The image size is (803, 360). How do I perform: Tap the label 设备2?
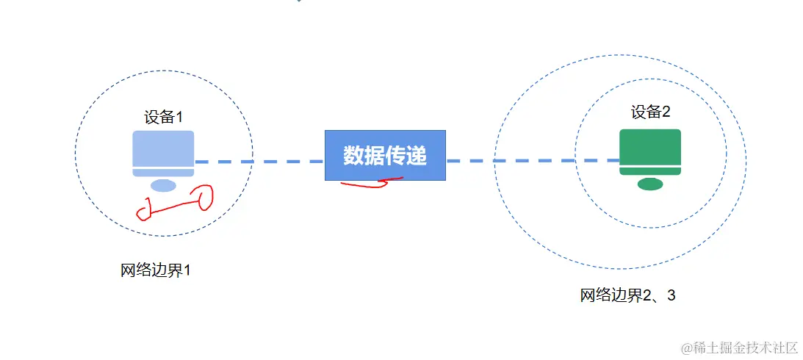(x=650, y=112)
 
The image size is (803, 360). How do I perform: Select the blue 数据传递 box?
(x=385, y=155)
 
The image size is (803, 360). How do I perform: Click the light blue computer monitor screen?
(x=163, y=148)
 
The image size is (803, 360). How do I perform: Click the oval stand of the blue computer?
(x=163, y=185)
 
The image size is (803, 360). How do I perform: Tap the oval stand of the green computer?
(x=650, y=184)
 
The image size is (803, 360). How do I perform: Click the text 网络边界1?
(x=156, y=270)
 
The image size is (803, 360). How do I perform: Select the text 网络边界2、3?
(x=627, y=295)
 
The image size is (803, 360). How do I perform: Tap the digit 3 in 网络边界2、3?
(x=670, y=295)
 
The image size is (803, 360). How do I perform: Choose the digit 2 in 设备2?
(x=666, y=112)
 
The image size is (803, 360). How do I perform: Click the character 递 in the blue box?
(x=417, y=155)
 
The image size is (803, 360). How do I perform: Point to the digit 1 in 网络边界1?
(x=187, y=270)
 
